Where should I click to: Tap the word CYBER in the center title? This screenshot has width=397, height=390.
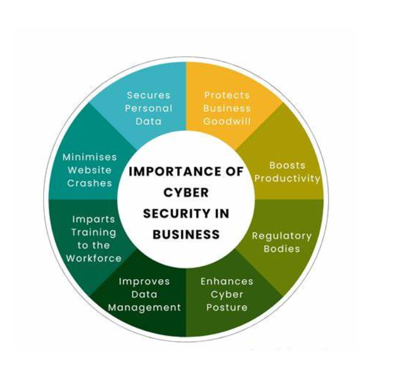pyautogui.click(x=186, y=192)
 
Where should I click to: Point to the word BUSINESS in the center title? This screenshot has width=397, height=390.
pyautogui.click(x=186, y=234)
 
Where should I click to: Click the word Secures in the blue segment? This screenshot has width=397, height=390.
pyautogui.click(x=149, y=95)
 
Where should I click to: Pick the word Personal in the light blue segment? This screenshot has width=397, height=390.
pyautogui.click(x=149, y=108)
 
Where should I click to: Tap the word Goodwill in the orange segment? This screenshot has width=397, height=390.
pyautogui.click(x=227, y=121)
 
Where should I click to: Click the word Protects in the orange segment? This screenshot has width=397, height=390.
pyautogui.click(x=227, y=95)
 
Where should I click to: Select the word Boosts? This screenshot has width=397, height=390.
pyautogui.click(x=287, y=165)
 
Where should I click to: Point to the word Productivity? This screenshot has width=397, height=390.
pyautogui.click(x=287, y=178)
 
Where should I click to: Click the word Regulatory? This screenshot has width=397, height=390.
pyautogui.click(x=282, y=236)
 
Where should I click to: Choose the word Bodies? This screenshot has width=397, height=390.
pyautogui.click(x=282, y=248)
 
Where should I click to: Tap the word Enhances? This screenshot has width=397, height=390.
pyautogui.click(x=227, y=281)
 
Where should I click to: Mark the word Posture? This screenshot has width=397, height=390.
pyautogui.click(x=227, y=307)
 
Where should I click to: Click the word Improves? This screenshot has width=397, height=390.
pyautogui.click(x=144, y=281)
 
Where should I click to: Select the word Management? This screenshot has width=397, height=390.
pyautogui.click(x=144, y=308)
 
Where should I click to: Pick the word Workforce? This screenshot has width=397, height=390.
pyautogui.click(x=94, y=258)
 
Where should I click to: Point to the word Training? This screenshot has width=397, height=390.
pyautogui.click(x=94, y=232)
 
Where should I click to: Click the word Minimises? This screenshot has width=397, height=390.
pyautogui.click(x=89, y=157)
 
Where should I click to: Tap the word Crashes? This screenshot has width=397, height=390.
pyautogui.click(x=89, y=183)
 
